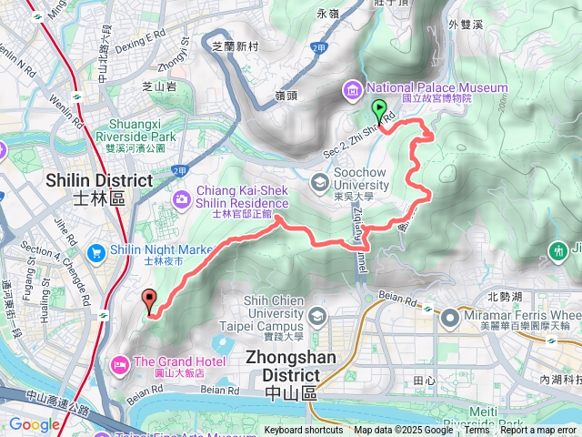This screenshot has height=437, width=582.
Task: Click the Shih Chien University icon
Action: (317, 317)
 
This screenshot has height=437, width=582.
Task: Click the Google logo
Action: (34, 424)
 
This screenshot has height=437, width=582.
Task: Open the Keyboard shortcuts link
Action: (304, 431)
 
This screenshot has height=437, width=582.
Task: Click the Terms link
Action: (477, 431)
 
